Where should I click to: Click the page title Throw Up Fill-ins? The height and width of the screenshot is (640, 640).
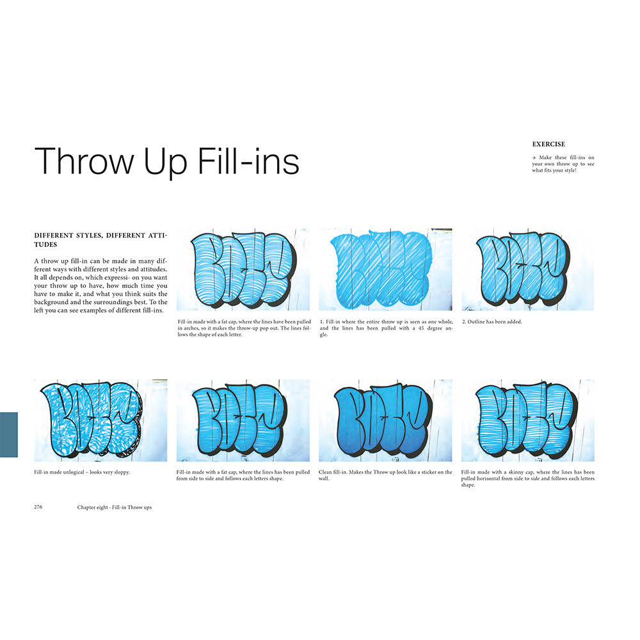[167, 162]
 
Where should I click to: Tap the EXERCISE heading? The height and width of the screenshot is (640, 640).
[548, 144]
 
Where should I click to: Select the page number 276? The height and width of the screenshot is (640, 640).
[38, 506]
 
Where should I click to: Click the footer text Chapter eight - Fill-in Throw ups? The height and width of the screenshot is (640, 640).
[115, 508]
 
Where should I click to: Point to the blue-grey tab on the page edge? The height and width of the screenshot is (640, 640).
[9, 435]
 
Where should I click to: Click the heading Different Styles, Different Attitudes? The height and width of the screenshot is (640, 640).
[100, 239]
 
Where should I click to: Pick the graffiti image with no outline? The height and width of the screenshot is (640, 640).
[385, 269]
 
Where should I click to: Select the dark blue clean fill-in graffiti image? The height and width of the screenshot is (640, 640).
[385, 420]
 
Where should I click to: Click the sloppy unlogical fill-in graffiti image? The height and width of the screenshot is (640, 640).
[100, 420]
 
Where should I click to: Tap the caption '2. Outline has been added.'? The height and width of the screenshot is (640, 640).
[492, 322]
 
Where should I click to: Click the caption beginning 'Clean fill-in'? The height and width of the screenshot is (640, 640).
[385, 475]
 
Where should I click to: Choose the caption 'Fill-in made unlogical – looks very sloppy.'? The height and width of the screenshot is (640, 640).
[82, 472]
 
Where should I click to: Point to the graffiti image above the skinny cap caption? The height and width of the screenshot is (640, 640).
[528, 420]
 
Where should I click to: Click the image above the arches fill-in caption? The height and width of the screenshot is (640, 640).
[243, 269]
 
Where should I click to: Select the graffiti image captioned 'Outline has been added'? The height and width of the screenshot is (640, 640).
[528, 269]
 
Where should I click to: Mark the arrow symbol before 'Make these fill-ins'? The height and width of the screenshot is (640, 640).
[534, 157]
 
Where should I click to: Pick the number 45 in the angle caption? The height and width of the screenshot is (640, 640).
[421, 328]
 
